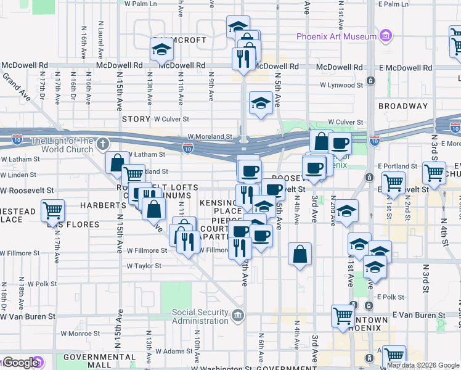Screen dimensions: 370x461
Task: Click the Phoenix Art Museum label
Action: pyautogui.click(x=336, y=36)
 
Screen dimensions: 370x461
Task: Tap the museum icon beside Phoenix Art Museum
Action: pyautogui.click(x=386, y=36)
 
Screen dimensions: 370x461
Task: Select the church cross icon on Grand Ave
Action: pyautogui.click(x=102, y=143)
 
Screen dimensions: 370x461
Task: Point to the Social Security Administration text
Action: pyautogui.click(x=200, y=316)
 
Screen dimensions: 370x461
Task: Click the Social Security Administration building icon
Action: pyautogui.click(x=238, y=316)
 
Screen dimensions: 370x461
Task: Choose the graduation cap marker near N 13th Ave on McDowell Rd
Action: pyautogui.click(x=162, y=49)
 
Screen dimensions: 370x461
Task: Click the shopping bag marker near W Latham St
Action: pyautogui.click(x=116, y=163)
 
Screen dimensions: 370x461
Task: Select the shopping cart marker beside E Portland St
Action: pyautogui.click(x=434, y=171)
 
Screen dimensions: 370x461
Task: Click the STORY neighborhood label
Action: pyautogui.click(x=136, y=118)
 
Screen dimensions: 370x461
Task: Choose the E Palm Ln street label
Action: pyautogui.click(x=394, y=4)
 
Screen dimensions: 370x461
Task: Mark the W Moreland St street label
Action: pyautogui.click(x=210, y=137)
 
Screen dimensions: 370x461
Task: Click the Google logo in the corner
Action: pyautogui.click(x=20, y=363)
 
